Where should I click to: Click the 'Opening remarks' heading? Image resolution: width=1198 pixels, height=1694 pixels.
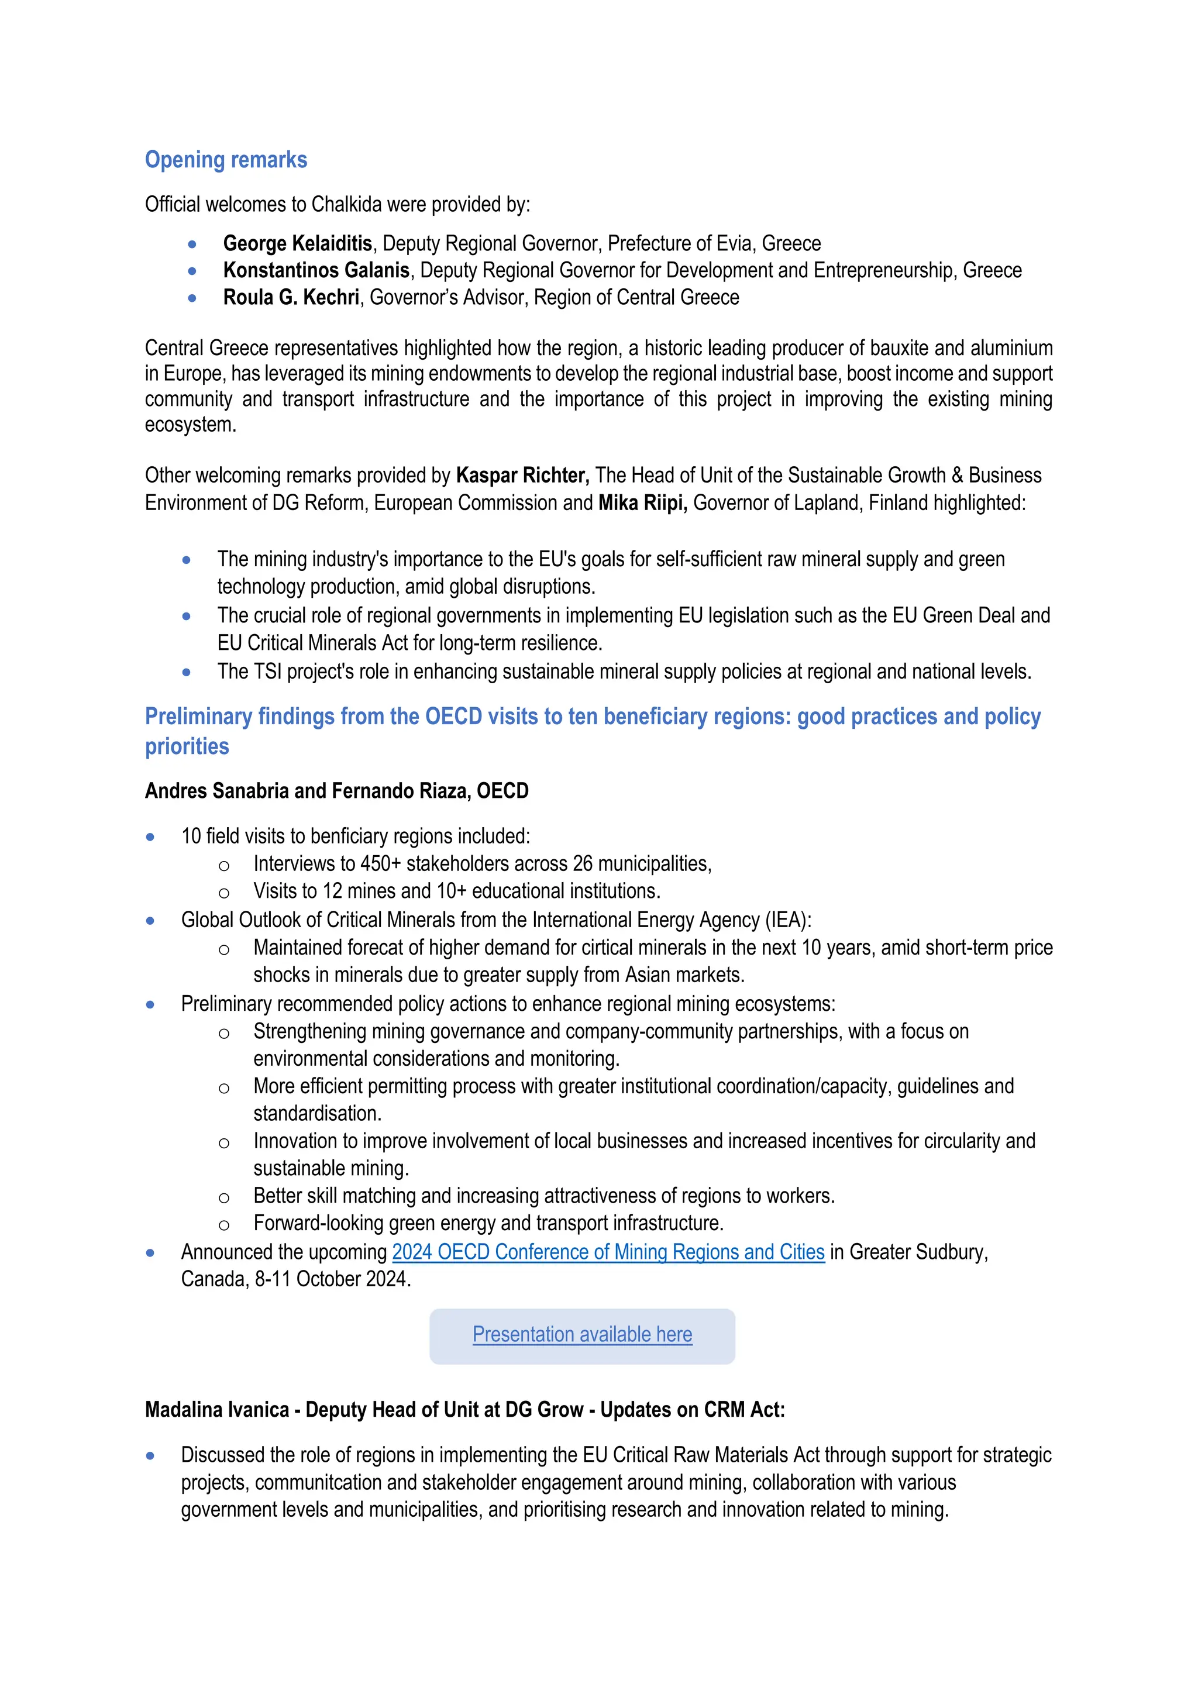(226, 160)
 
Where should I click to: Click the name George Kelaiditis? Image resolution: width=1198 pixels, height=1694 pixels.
(297, 243)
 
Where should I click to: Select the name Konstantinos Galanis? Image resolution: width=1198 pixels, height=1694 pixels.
(316, 271)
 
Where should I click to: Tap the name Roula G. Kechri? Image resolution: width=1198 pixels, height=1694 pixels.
(291, 297)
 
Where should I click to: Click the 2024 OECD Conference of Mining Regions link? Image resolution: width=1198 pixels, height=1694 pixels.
(608, 1252)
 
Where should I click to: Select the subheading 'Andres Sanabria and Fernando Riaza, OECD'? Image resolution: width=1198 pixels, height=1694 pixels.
(336, 791)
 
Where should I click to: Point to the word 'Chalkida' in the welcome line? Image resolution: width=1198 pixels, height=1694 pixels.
(346, 204)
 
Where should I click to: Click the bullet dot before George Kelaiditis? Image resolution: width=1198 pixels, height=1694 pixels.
(192, 244)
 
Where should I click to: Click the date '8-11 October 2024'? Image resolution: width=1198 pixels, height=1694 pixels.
(332, 1279)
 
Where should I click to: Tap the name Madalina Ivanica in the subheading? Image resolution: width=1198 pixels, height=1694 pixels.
(217, 1410)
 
